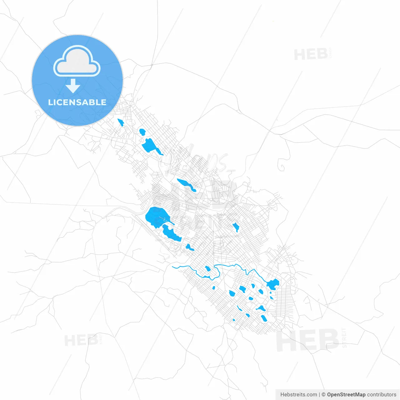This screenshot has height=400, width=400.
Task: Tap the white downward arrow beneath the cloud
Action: [73, 86]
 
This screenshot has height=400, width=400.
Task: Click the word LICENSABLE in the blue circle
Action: [77, 102]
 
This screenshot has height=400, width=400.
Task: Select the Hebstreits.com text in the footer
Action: [298, 395]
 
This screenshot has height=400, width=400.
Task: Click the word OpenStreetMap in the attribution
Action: [346, 395]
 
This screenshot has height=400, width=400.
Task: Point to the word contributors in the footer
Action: [382, 395]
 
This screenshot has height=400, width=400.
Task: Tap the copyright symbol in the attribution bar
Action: [323, 395]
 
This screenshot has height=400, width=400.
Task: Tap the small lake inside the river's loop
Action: [208, 268]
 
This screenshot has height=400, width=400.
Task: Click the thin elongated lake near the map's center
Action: [187, 185]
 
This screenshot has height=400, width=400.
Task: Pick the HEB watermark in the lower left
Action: [81, 340]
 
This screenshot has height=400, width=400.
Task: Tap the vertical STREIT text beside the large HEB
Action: [344, 338]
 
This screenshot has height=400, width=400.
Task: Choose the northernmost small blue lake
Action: [120, 122]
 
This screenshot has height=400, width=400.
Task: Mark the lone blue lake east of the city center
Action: [236, 227]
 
